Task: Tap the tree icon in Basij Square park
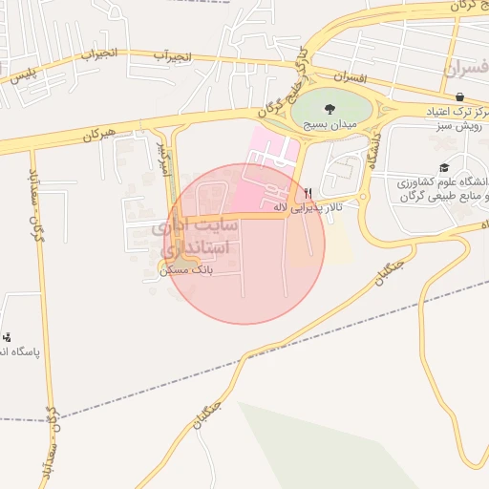[x=330, y=109]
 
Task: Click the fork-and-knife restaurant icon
[x=308, y=193]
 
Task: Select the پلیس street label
[x=25, y=75]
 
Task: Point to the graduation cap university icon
[x=444, y=168]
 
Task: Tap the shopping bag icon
[x=460, y=96]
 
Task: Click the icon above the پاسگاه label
[x=8, y=336]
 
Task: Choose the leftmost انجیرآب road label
[x=100, y=54]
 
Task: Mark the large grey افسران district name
[x=466, y=69]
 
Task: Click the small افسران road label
[x=352, y=76]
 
